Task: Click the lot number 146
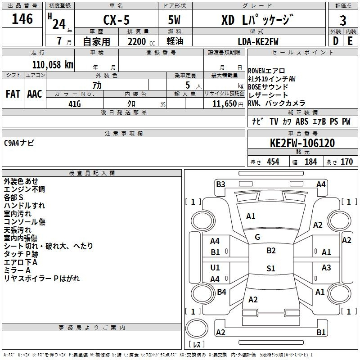[22, 19]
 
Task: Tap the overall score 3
[343, 20]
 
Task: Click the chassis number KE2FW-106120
[302, 143]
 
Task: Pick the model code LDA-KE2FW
[258, 41]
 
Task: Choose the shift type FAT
[13, 94]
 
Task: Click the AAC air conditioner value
[35, 94]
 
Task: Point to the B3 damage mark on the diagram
[220, 184]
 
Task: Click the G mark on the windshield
[257, 237]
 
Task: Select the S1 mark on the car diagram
[270, 269]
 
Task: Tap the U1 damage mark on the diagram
[215, 268]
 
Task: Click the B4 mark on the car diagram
[221, 292]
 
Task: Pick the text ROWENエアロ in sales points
[266, 71]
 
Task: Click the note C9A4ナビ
[19, 143]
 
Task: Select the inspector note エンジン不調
[24, 189]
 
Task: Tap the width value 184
[310, 162]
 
